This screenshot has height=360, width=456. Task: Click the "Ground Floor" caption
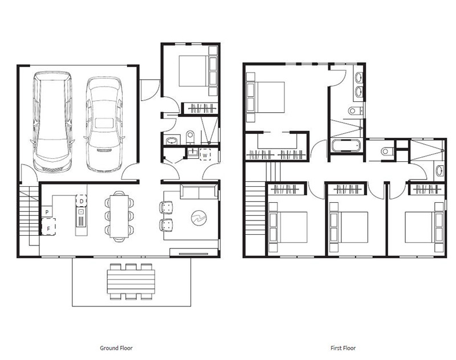pyautogui.click(x=116, y=348)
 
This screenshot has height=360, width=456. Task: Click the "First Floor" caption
pyautogui.click(x=343, y=348)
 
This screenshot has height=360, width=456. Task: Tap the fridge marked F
pyautogui.click(x=48, y=227)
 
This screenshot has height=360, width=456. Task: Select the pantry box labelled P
pyautogui.click(x=47, y=211)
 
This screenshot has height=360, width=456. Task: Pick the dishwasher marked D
pyautogui.click(x=82, y=201)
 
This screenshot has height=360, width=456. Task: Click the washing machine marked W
pyautogui.click(x=205, y=155)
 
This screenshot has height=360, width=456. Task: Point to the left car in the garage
pyautogui.click(x=52, y=121)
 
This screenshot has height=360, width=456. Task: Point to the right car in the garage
pyautogui.click(x=104, y=124)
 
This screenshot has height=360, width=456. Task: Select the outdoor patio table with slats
pyautogui.click(x=131, y=281)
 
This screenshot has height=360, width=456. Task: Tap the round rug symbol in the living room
pyautogui.click(x=198, y=218)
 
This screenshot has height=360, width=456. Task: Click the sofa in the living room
pyautogui.click(x=199, y=191)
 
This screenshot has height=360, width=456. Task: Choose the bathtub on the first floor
pyautogui.click(x=346, y=145)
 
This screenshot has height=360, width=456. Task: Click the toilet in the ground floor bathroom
pyautogui.click(x=190, y=137)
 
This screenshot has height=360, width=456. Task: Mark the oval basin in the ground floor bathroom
pyautogui.click(x=172, y=141)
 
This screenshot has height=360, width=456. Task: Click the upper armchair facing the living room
pyautogui.click(x=166, y=207)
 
